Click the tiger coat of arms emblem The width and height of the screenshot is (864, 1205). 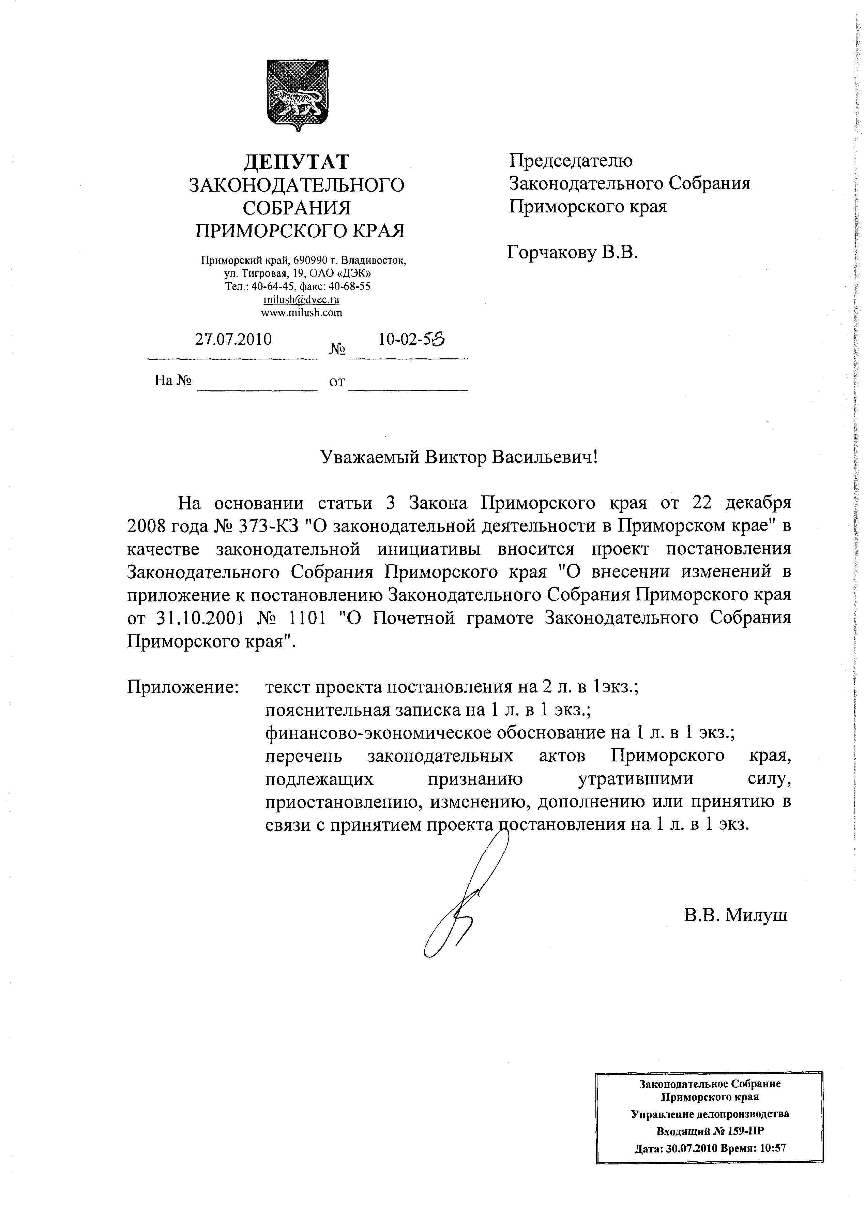pyautogui.click(x=298, y=95)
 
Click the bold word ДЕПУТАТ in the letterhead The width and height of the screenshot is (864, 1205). pyautogui.click(x=297, y=162)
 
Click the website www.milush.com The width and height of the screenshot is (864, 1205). pyautogui.click(x=301, y=312)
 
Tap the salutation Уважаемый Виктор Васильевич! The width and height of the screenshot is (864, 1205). pyautogui.click(x=459, y=457)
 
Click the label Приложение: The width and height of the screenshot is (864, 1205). pyautogui.click(x=183, y=687)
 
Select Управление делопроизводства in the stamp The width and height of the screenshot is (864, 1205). pyautogui.click(x=710, y=1114)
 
